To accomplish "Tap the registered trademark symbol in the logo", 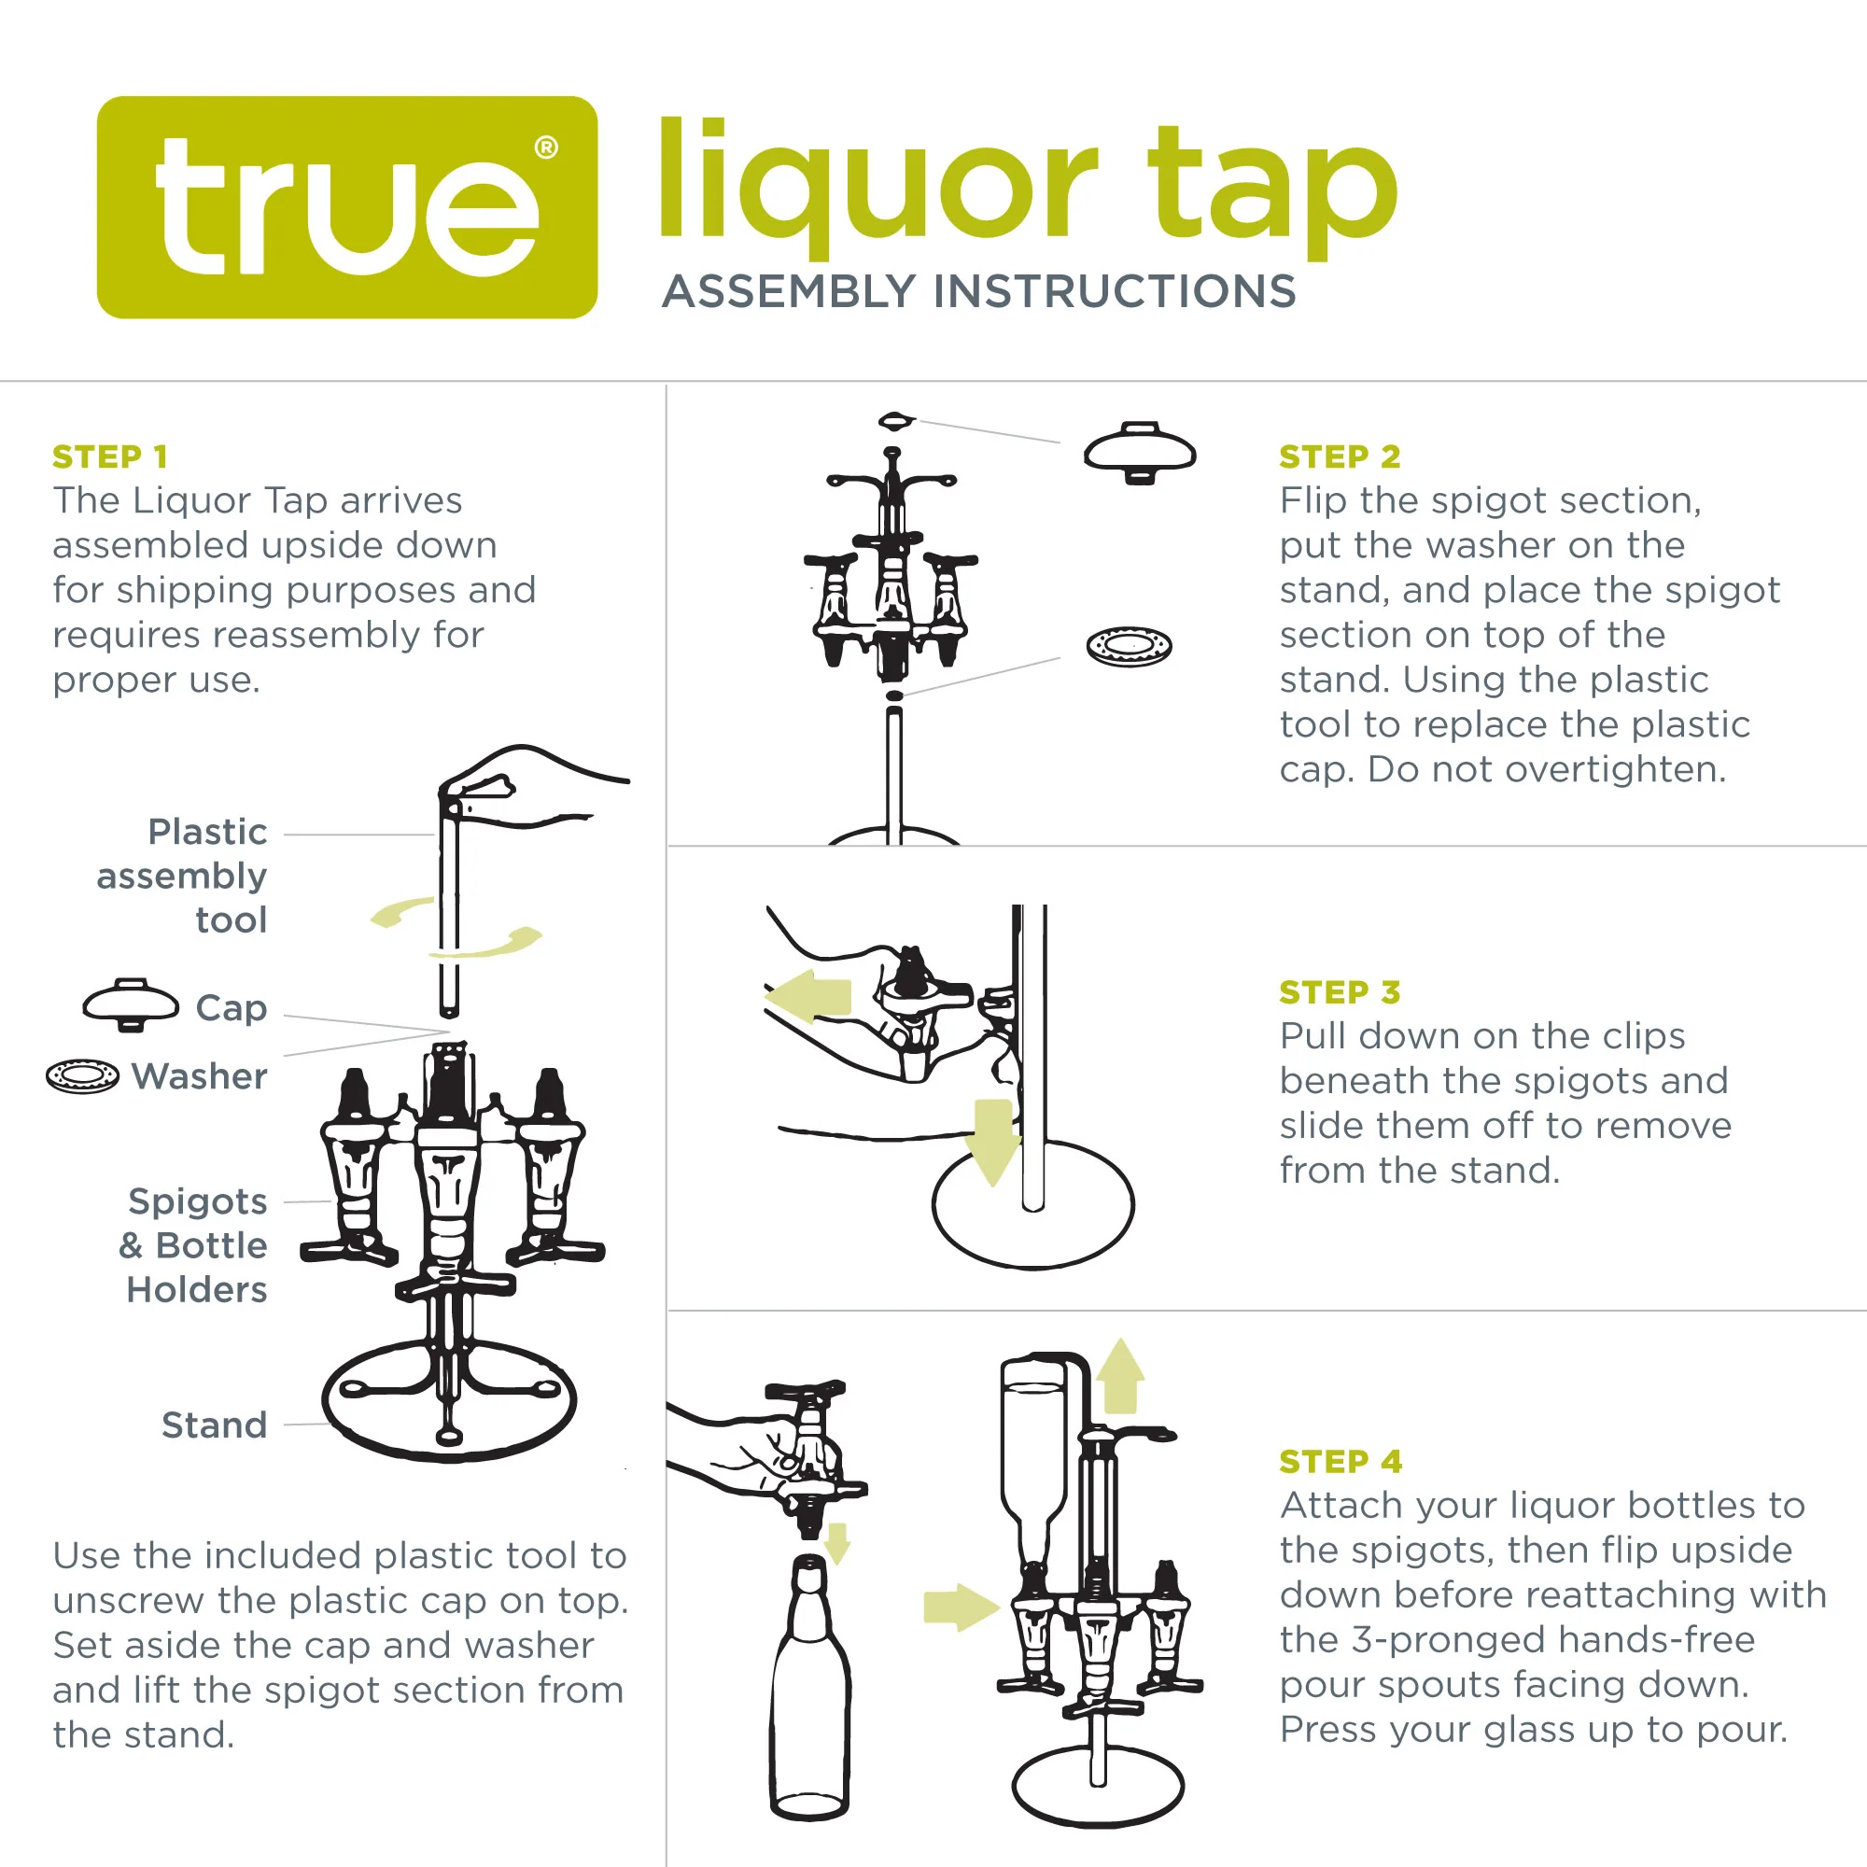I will [546, 147].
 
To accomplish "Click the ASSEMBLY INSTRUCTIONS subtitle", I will [978, 291].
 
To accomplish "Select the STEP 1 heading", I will [110, 456].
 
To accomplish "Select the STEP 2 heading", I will [1340, 456].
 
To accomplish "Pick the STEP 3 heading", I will [1340, 991].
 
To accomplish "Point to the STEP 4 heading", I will [1341, 1461].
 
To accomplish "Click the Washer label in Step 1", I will [199, 1075].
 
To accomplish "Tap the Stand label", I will [214, 1425].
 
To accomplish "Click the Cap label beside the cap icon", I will [231, 1007].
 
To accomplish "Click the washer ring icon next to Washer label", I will [82, 1075].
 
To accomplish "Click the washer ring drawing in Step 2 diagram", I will [1129, 646].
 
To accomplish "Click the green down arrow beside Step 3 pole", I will [992, 1141].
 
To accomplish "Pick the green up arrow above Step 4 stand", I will [1120, 1376].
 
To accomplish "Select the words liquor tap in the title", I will [1026, 184].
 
